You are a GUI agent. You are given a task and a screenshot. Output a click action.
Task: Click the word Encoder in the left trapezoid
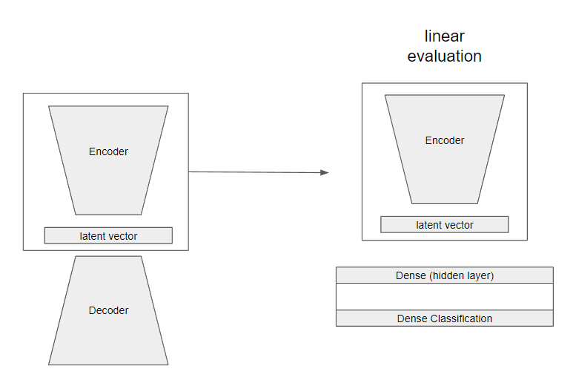point(108,151)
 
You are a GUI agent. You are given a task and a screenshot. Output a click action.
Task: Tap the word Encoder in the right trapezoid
point(445,140)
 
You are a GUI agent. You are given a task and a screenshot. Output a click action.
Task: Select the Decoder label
point(108,310)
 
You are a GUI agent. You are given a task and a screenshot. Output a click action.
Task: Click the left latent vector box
point(108,236)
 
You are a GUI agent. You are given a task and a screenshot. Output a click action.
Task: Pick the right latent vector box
point(445,225)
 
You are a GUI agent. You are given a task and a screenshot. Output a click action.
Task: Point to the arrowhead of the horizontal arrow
point(325,172)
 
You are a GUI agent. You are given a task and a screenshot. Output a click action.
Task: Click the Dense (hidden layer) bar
point(445,275)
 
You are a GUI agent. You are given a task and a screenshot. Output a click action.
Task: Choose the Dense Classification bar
point(445,318)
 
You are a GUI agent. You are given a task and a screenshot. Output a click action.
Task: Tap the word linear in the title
point(445,36)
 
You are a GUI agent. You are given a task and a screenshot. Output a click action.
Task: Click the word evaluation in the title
point(445,56)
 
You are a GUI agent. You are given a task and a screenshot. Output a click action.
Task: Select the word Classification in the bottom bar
point(460,318)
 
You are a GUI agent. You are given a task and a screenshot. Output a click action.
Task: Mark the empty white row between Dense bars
point(445,297)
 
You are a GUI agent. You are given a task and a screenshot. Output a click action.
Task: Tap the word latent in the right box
point(428,225)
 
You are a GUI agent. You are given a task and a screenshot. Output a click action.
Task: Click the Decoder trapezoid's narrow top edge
point(108,257)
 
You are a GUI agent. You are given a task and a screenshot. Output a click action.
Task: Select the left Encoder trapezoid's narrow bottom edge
point(108,215)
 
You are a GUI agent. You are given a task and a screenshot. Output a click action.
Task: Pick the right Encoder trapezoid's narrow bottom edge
point(445,203)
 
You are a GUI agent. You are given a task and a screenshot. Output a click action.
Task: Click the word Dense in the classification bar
point(412,318)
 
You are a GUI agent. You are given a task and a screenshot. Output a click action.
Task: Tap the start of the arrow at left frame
point(191,171)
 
